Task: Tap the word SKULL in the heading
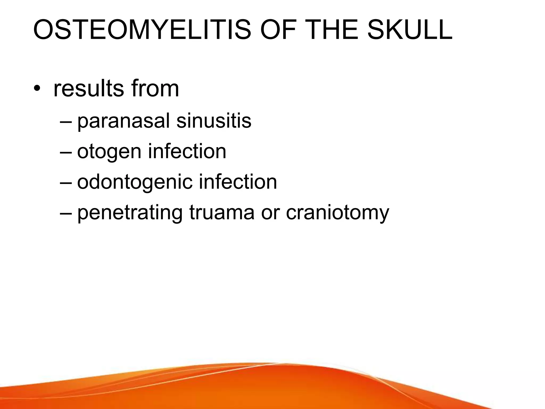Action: (410, 30)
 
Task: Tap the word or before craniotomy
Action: (270, 213)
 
